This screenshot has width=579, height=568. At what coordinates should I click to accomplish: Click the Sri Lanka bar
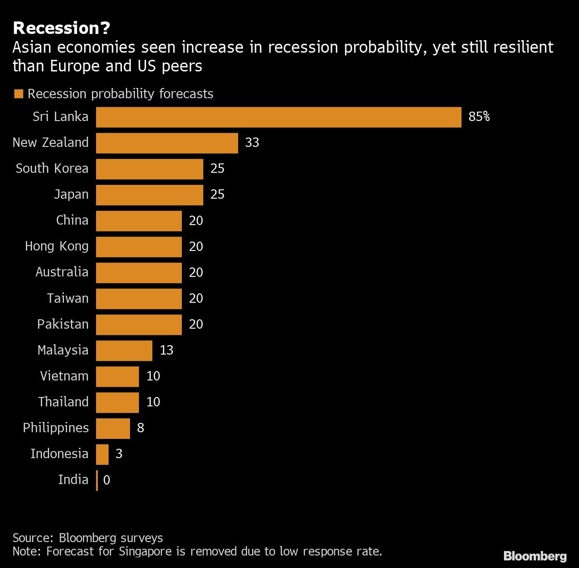pyautogui.click(x=278, y=117)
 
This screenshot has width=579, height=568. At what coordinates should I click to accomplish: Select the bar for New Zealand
pyautogui.click(x=167, y=143)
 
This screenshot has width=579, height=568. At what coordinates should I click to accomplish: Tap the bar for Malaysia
pyautogui.click(x=124, y=351)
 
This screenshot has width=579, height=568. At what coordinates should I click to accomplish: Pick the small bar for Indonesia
pyautogui.click(x=102, y=454)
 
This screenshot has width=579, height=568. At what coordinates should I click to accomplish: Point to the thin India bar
pyautogui.click(x=97, y=480)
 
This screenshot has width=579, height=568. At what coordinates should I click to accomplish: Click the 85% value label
pyautogui.click(x=479, y=117)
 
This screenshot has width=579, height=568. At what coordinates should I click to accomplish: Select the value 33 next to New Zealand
pyautogui.click(x=252, y=143)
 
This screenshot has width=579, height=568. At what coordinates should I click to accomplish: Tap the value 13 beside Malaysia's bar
pyautogui.click(x=166, y=351)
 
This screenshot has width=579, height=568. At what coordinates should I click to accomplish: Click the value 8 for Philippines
pyautogui.click(x=140, y=428)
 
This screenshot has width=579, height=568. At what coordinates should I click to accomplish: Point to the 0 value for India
pyautogui.click(x=106, y=480)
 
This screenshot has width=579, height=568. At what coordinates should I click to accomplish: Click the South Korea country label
pyautogui.click(x=52, y=169)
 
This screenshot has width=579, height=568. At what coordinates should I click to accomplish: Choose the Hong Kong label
pyautogui.click(x=57, y=246)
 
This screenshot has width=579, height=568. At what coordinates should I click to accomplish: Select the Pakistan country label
pyautogui.click(x=63, y=324)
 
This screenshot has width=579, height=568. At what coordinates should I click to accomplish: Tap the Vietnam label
pyautogui.click(x=64, y=376)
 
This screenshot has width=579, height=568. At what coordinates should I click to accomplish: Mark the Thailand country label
pyautogui.click(x=63, y=402)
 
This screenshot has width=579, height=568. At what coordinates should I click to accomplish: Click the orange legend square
pyautogui.click(x=19, y=94)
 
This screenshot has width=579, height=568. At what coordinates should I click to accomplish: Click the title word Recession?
pyautogui.click(x=62, y=28)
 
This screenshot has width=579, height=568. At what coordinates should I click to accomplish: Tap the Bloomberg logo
pyautogui.click(x=535, y=556)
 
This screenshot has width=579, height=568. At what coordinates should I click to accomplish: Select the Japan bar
pyautogui.click(x=149, y=195)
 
